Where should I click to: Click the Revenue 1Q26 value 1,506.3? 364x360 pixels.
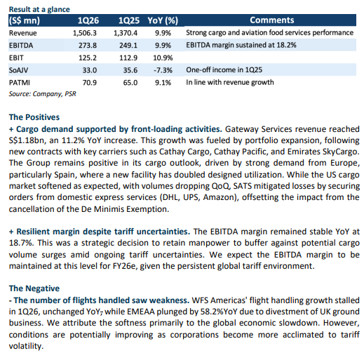[85, 33]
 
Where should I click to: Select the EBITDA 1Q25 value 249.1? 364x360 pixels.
[128, 46]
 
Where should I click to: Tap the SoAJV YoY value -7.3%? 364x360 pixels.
[163, 70]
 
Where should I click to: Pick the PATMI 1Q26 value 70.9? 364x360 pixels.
[90, 83]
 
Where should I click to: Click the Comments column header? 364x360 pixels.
[272, 20]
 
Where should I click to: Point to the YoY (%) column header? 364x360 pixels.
[163, 20]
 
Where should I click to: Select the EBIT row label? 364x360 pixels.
[16, 58]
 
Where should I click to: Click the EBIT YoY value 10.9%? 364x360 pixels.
[163, 58]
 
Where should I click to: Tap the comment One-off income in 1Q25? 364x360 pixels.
[224, 69]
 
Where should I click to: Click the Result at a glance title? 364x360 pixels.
[39, 9]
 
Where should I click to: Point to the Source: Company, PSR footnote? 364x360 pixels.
[43, 94]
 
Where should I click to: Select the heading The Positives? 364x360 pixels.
[34, 117]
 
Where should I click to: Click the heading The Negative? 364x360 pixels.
[34, 288]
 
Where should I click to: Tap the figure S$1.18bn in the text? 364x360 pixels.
[27, 140]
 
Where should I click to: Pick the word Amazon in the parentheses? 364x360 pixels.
[219, 197]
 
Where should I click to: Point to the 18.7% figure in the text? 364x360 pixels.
[20, 243]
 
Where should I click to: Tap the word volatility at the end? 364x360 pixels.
[26, 346]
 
